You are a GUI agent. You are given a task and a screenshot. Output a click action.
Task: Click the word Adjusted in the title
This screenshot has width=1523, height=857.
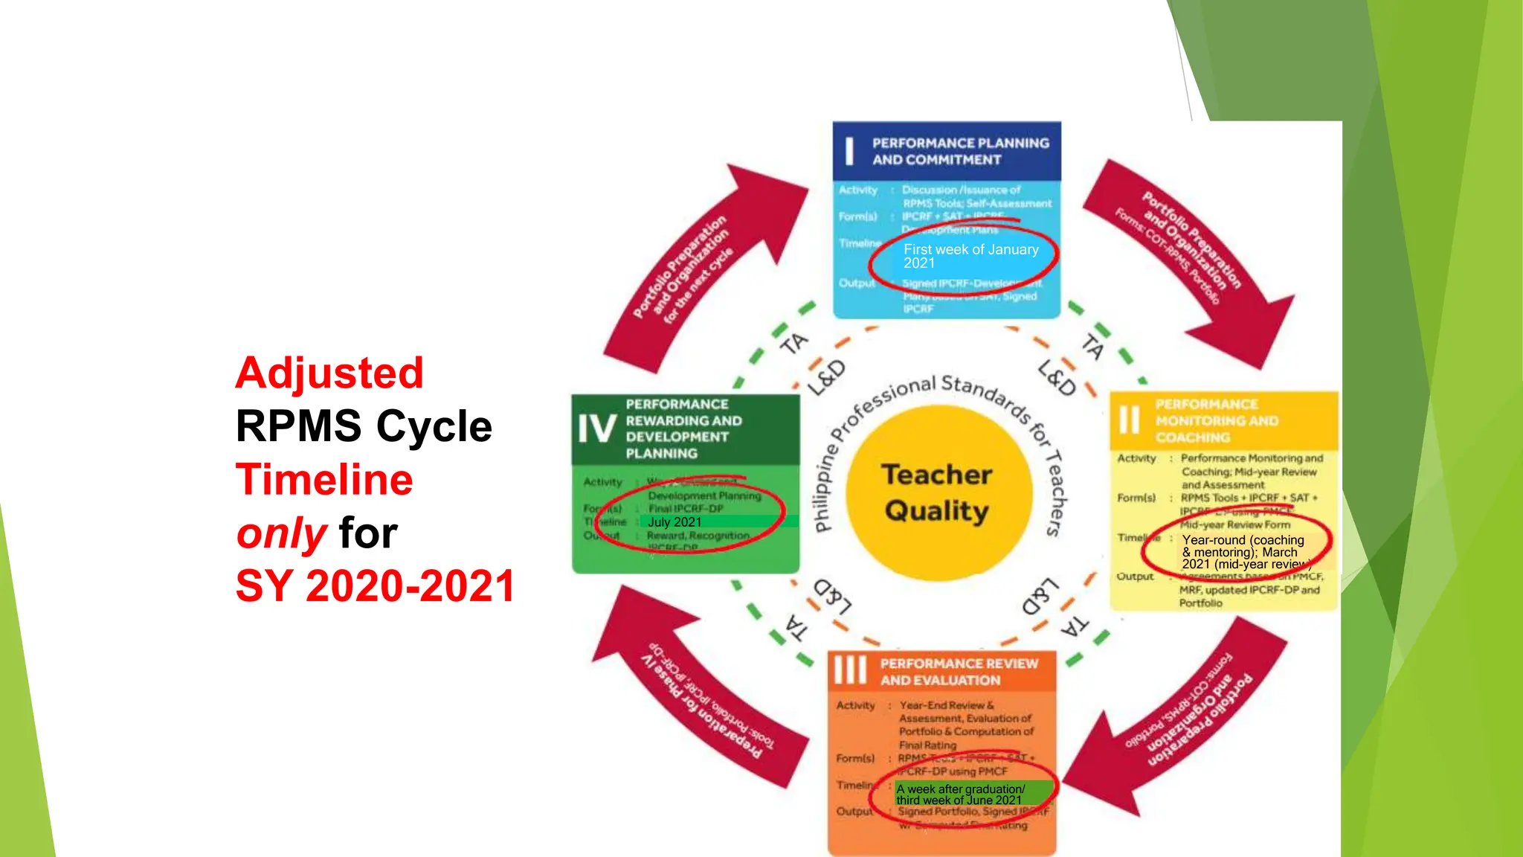[x=329, y=373]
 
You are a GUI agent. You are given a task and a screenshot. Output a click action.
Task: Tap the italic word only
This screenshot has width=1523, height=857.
[x=281, y=533]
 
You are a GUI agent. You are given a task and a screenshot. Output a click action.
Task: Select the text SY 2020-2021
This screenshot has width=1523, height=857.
[x=375, y=586]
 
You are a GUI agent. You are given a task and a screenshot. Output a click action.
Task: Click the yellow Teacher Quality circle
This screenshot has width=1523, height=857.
[x=937, y=492]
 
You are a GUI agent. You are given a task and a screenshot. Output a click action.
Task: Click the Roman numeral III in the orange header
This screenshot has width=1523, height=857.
[x=850, y=670]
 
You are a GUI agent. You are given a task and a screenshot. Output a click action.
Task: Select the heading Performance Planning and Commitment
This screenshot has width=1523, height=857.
[x=960, y=151]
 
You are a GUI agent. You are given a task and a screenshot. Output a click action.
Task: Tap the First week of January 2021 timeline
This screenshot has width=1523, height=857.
[x=970, y=256]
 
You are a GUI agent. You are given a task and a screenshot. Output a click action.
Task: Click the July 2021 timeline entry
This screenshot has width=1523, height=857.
[x=674, y=522]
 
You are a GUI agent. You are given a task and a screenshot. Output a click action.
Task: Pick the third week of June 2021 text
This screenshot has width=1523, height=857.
[x=959, y=800]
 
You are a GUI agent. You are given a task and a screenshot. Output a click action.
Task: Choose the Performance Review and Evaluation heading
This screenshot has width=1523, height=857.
[x=959, y=672]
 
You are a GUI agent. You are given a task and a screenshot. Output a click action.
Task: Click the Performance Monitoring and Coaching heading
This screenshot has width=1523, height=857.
[x=1217, y=421]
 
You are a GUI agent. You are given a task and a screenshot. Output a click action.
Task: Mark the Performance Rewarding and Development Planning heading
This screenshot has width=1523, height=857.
[x=683, y=428]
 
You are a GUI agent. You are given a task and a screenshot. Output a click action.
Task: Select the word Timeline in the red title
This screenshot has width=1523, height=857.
[x=324, y=480]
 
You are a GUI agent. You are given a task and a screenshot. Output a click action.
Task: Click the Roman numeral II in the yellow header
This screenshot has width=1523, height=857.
[x=1129, y=420]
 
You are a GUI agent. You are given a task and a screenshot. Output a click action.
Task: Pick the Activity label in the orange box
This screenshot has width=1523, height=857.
[x=855, y=705]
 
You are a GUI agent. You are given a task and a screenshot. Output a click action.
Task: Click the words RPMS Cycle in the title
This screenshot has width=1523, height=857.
[x=364, y=426]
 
